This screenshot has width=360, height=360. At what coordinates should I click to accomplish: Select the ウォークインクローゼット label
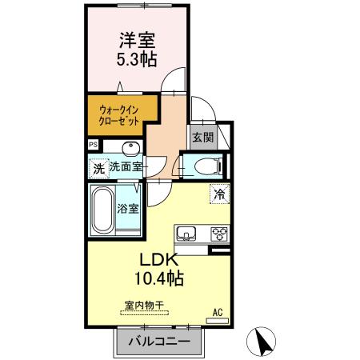tap(118, 113)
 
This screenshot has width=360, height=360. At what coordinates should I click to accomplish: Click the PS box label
tap(94, 144)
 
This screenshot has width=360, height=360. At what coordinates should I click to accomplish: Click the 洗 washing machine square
tap(98, 168)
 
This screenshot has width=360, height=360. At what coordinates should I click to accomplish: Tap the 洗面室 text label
tap(126, 167)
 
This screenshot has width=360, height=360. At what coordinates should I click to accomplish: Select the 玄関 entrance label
tap(202, 137)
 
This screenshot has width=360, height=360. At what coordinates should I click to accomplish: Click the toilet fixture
tap(203, 166)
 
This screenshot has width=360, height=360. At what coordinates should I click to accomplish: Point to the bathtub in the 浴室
tap(102, 210)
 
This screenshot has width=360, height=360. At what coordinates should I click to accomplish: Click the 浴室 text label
tap(129, 210)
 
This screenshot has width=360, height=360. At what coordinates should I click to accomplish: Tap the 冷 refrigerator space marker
tap(218, 193)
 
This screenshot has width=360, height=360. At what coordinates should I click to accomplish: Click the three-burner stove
tap(218, 234)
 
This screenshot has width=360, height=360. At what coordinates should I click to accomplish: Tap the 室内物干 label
tap(144, 305)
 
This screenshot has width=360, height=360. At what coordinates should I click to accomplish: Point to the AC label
tap(216, 312)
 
